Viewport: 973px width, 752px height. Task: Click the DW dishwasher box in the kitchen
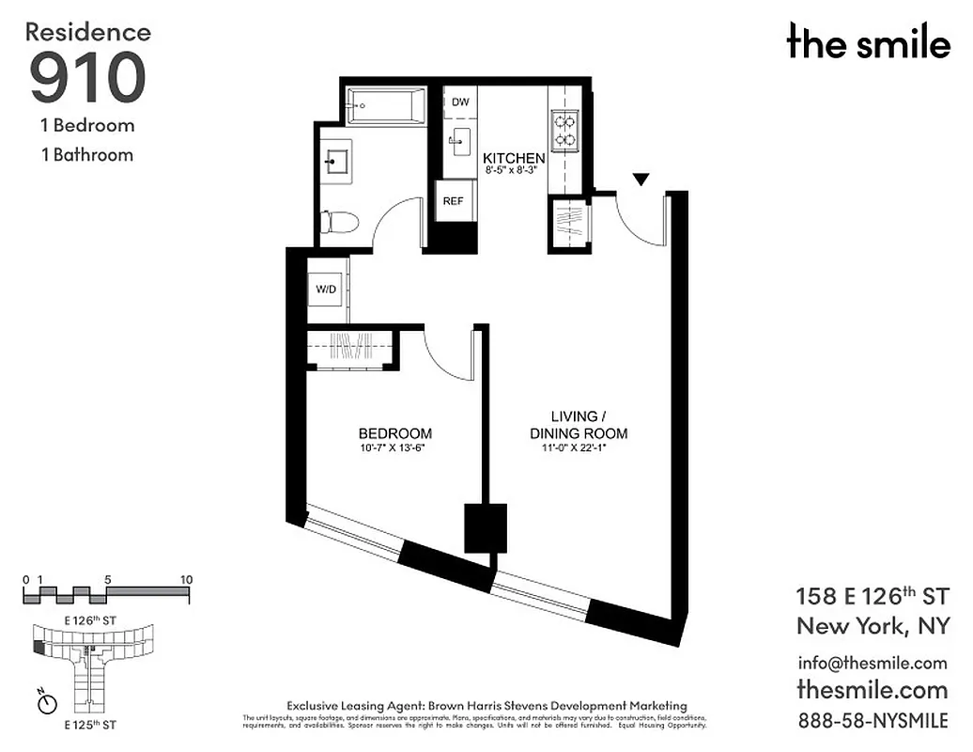coord(460,102)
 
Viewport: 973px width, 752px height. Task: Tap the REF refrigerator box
coord(453,200)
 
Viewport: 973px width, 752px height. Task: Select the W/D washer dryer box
coord(326,290)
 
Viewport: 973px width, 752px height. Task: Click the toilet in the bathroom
coord(339,223)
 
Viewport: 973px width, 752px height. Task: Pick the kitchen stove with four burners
coord(565,131)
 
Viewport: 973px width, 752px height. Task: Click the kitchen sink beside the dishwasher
coord(459,144)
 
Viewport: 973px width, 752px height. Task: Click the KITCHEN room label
coord(513,158)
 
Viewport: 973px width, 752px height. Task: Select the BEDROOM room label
coord(394,433)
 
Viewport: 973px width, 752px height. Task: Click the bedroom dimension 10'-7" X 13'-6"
coord(394,447)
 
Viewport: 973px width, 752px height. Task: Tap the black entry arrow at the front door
coord(641,179)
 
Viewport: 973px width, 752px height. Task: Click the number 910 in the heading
coord(87,78)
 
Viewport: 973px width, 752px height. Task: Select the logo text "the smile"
coord(868,42)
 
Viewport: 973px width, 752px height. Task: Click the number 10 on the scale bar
coord(186,580)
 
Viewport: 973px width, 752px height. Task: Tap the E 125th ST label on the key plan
coord(89,725)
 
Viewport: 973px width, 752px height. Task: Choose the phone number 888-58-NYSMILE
coord(872,721)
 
